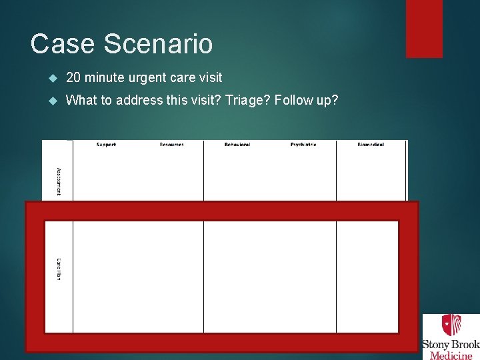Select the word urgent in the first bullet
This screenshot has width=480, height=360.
148,78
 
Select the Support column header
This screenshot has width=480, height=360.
106,145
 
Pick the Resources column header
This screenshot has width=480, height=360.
171,145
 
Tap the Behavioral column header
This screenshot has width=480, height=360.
237,145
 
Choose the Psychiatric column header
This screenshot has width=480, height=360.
303,145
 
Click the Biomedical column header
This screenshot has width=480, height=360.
371,145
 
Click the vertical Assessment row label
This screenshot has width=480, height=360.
59,181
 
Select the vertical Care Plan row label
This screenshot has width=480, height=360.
59,269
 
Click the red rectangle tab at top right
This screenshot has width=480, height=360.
424,29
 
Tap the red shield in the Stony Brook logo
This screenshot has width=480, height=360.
451,325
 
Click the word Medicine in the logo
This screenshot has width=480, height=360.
452,355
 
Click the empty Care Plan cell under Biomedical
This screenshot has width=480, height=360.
367,276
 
